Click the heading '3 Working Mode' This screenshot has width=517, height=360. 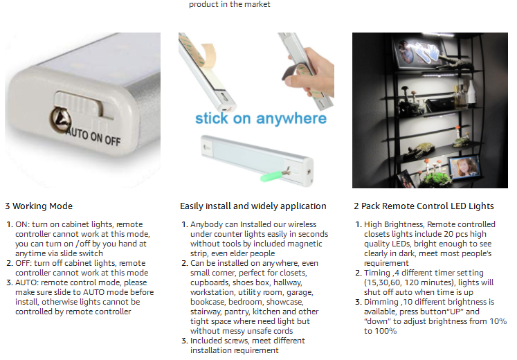point(39,206)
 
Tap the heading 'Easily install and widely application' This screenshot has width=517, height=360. point(253,206)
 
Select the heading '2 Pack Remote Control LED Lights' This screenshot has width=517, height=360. point(424,206)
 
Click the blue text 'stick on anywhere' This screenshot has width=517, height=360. point(261,118)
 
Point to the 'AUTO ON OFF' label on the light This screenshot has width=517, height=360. point(94,136)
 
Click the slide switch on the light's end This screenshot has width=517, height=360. point(79,104)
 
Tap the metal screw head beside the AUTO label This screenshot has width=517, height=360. point(60,120)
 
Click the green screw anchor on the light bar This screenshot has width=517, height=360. point(271,175)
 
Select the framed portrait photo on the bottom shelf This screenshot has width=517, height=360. point(464,167)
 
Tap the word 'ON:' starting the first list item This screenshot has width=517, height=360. point(22,224)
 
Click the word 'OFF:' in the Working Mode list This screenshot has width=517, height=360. point(24,263)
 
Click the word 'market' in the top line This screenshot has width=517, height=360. point(258,4)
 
